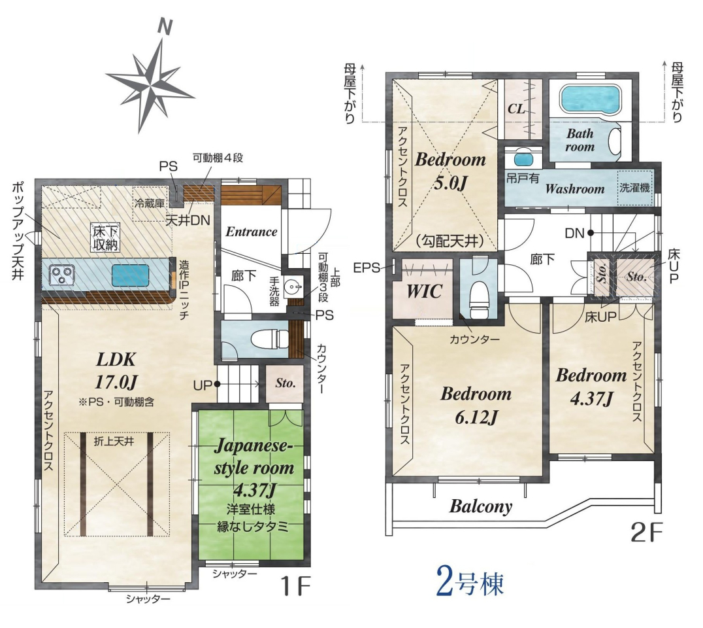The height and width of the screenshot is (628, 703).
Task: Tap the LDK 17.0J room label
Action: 116,370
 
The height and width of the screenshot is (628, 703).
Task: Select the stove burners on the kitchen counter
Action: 62,274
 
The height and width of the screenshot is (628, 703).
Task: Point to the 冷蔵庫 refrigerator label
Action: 150,203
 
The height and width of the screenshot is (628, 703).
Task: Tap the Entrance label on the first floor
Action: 251,232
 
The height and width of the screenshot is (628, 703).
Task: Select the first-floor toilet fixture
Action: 270,338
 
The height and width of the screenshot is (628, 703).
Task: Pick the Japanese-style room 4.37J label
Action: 253,467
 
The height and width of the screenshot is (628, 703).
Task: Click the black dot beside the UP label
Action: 217,384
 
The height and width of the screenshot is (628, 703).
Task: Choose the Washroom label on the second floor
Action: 575,188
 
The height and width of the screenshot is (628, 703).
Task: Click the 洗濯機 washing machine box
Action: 634,188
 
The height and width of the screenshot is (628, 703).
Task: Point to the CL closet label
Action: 516,109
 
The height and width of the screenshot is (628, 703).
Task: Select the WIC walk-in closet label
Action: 424,291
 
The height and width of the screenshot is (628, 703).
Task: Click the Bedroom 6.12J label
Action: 476,406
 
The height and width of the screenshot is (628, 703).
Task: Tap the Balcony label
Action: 481,506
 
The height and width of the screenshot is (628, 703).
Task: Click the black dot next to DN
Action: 591,233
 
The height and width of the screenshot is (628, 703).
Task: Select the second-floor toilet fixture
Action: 478,300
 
